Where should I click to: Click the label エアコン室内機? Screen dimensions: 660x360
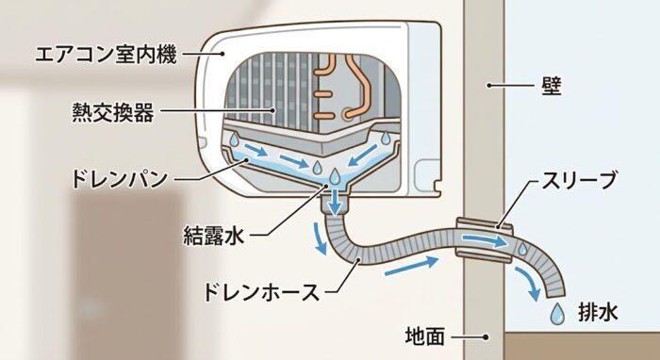coord(106,55)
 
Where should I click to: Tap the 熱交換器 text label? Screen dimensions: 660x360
coord(113,112)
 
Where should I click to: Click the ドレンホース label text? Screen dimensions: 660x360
coord(261,292)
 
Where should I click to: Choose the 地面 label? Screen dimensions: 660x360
coord(425,336)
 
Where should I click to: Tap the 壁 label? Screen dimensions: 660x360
coord(551,86)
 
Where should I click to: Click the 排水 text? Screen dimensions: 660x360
coord(598,313)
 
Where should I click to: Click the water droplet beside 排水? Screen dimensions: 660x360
coord(558,314)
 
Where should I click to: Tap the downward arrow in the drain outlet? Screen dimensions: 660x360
coord(336,202)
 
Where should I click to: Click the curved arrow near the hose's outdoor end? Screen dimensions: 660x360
coord(528,284)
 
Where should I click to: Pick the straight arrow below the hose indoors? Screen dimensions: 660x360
coord(412,267)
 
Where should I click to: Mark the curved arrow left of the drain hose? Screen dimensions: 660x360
coord(319,238)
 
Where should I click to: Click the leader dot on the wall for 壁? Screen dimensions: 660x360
coord(489,86)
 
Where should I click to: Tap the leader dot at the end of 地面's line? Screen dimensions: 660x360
coord(486,336)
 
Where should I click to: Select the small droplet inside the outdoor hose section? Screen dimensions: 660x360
coord(522,249)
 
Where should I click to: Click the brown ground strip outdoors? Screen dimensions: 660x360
coord(582,346)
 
